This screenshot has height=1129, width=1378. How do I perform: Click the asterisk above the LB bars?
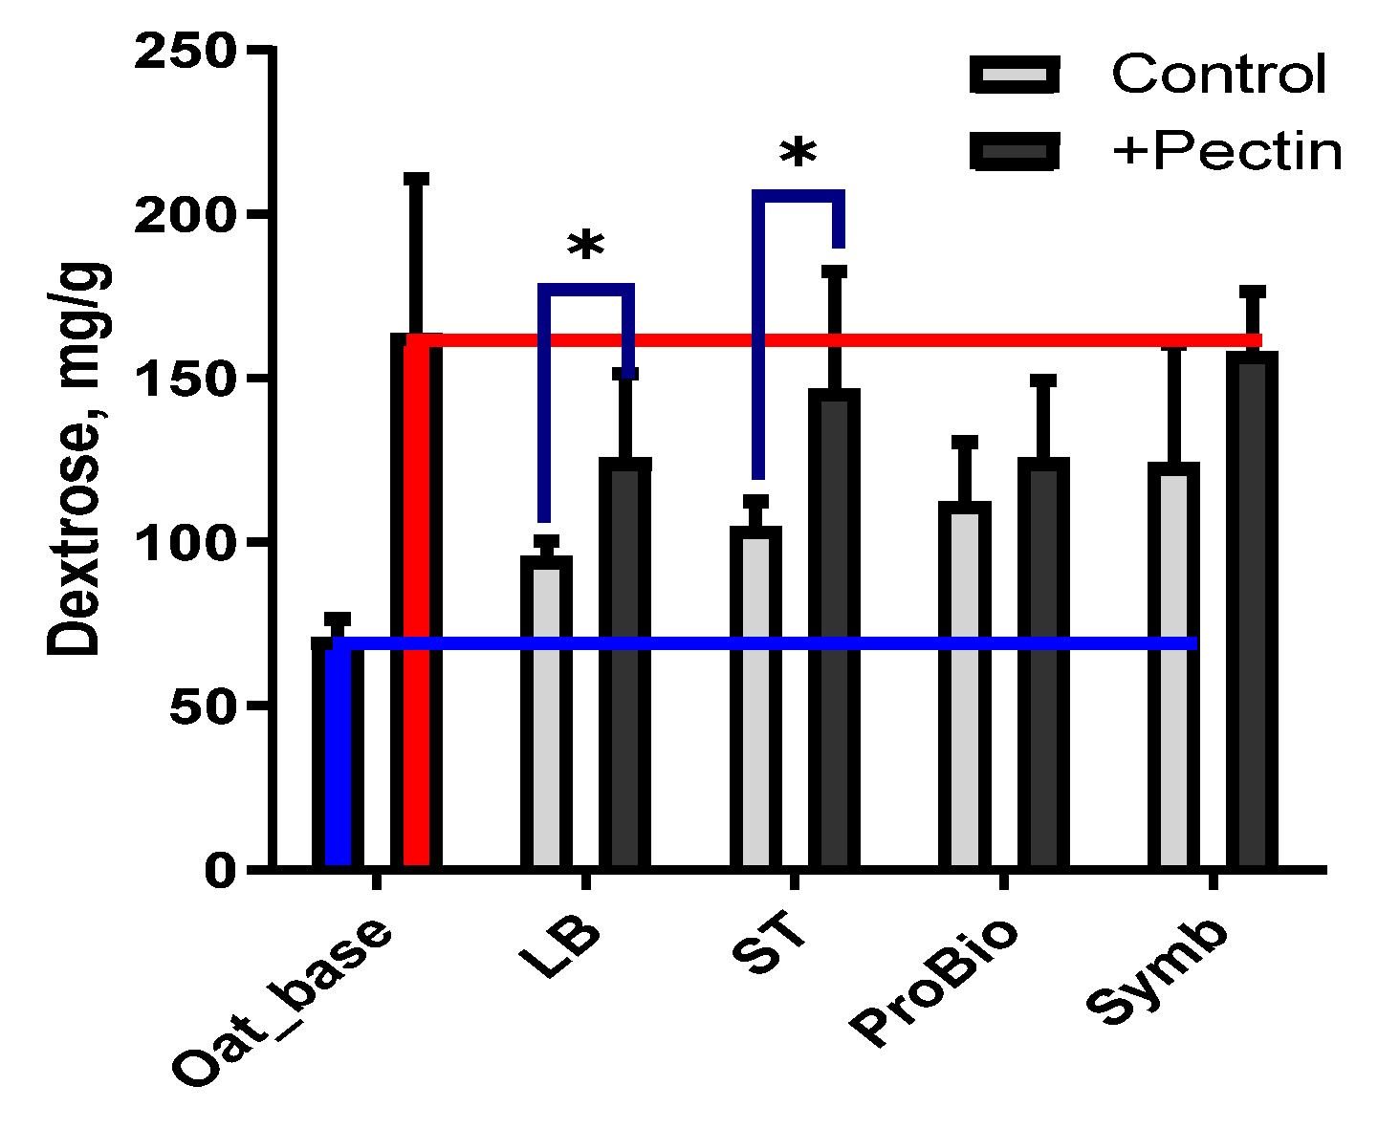(x=585, y=247)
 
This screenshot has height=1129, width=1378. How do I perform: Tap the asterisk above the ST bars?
(x=798, y=153)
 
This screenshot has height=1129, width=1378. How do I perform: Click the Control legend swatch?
(x=1015, y=75)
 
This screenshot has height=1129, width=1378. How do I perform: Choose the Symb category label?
(x=1159, y=971)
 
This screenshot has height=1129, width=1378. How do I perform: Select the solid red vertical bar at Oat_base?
(x=417, y=602)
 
